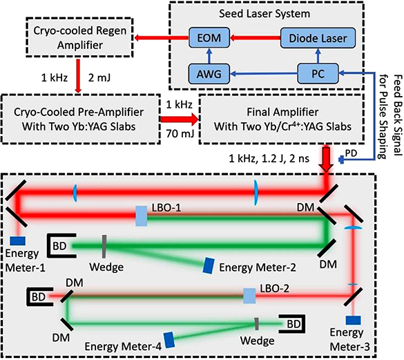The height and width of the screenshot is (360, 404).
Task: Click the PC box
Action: click(x=316, y=71)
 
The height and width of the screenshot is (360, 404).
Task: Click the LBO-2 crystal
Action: click(x=249, y=295)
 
